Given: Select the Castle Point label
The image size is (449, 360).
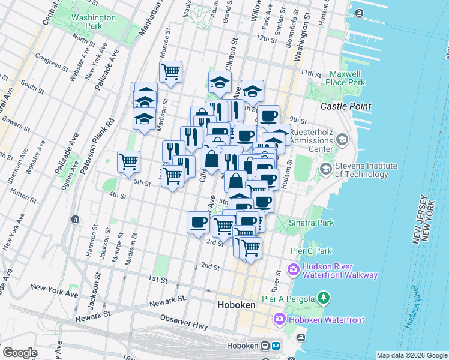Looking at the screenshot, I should click(346, 106).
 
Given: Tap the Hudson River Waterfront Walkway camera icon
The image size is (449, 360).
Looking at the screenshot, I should click(294, 270).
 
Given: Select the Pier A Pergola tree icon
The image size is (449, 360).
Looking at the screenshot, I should click(324, 297).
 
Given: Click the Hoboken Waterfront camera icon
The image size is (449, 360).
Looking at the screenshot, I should click(279, 320).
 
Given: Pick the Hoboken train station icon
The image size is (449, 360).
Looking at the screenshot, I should click(265, 346).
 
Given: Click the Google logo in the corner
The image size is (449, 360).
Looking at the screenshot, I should click(20, 353).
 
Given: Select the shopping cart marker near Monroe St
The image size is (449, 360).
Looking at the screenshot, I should click(171, 72).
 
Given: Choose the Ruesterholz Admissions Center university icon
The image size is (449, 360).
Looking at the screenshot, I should click(342, 140).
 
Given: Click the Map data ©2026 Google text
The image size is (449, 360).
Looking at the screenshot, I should click(411, 355).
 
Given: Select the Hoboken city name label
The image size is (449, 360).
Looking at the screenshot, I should click(235, 305).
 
